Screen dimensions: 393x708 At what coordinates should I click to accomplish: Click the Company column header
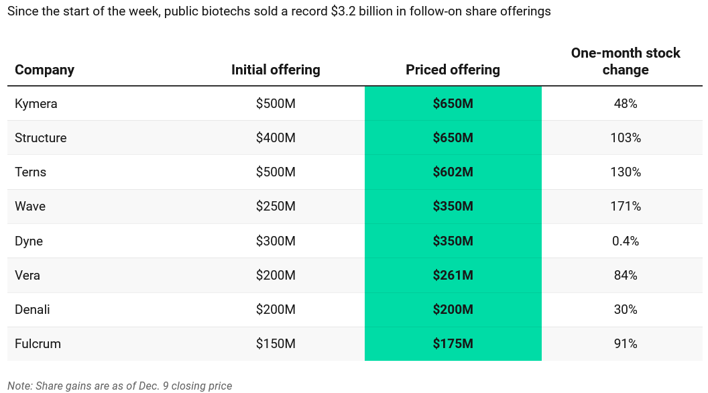pyautogui.click(x=44, y=70)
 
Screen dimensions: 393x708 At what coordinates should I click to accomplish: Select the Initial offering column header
pyautogui.click(x=276, y=70)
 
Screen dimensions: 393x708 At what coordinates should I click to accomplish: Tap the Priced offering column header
pyautogui.click(x=453, y=70)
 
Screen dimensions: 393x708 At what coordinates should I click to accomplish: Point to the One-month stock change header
pyautogui.click(x=625, y=61)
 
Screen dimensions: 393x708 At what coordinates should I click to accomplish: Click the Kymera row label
pyautogui.click(x=36, y=104)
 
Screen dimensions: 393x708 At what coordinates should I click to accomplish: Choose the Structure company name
pyautogui.click(x=41, y=138)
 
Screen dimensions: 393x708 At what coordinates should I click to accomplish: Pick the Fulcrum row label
pyautogui.click(x=38, y=344)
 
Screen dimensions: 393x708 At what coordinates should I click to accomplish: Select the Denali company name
pyautogui.click(x=32, y=310)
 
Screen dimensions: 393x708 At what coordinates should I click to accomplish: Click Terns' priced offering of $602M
pyautogui.click(x=453, y=172)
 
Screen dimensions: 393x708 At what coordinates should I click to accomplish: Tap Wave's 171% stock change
pyautogui.click(x=625, y=207)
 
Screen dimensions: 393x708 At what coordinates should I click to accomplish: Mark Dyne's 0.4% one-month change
pyautogui.click(x=625, y=241)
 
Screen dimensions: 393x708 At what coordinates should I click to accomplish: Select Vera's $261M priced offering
pyautogui.click(x=453, y=276)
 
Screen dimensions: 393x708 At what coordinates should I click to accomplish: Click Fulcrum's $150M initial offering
pyautogui.click(x=276, y=344)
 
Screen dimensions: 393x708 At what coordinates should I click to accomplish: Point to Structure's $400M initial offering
pyautogui.click(x=276, y=138)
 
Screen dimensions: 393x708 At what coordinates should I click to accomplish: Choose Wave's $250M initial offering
pyautogui.click(x=276, y=207)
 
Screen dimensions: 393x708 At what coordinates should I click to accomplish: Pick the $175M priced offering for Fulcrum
pyautogui.click(x=453, y=344)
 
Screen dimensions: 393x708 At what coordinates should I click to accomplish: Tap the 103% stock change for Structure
pyautogui.click(x=625, y=138)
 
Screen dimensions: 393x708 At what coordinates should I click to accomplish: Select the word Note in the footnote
pyautogui.click(x=19, y=386)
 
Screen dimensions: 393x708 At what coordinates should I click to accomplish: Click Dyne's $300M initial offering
pyautogui.click(x=276, y=241)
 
